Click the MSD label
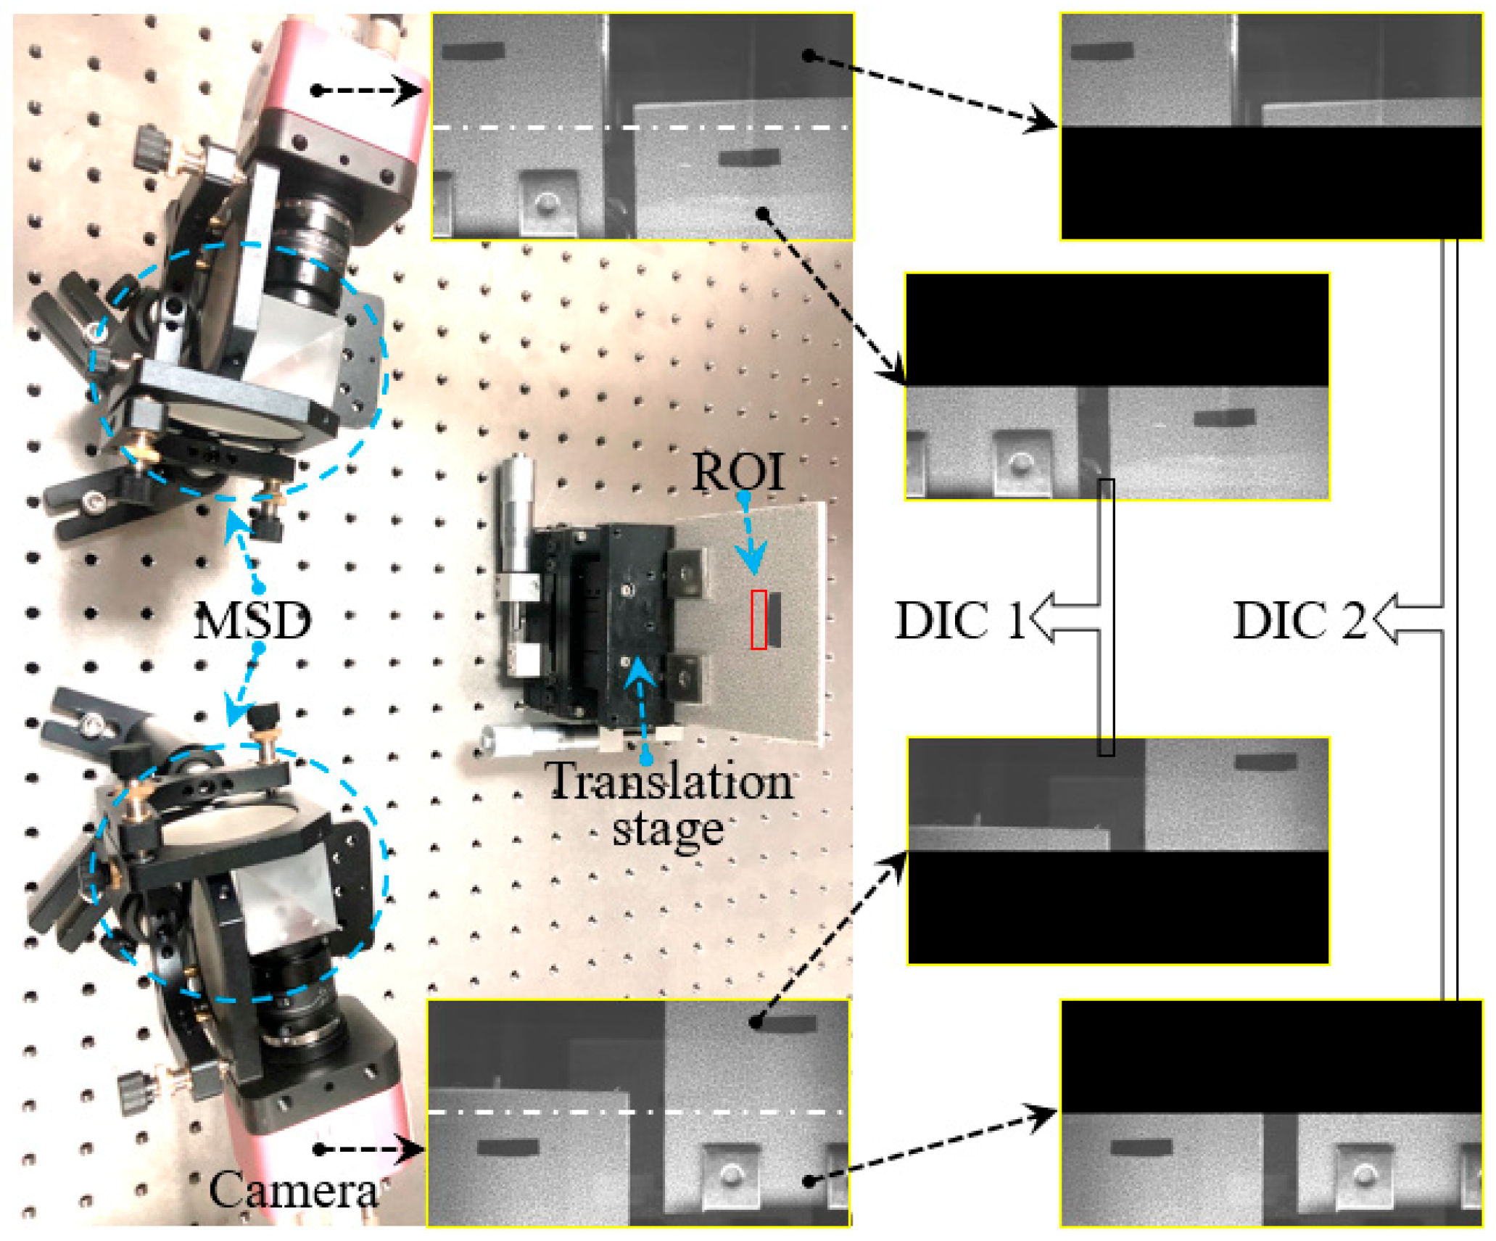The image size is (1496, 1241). pos(252,621)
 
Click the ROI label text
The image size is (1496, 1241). pos(738,472)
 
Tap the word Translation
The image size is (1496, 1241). pos(669,783)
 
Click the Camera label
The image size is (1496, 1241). pos(294,1190)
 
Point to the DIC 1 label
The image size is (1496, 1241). pos(959,621)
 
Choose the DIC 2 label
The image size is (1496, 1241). pos(1299,621)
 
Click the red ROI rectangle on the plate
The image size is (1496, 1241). pos(759,619)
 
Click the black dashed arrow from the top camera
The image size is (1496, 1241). pos(366,91)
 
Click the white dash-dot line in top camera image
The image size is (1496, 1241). pos(642,128)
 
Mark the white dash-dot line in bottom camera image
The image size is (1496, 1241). pos(638,1112)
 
